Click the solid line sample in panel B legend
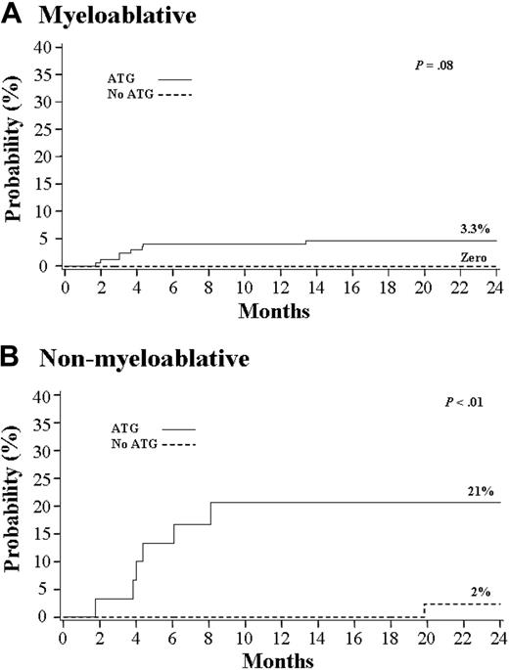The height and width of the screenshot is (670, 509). coord(177,428)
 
